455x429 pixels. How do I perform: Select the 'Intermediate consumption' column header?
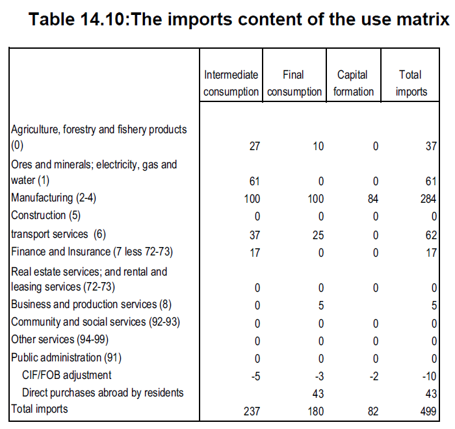pos(231,83)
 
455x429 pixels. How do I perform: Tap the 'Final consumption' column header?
pos(294,83)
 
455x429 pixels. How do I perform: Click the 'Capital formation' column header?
pos(354,83)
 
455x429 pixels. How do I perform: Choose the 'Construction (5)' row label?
pos(47,215)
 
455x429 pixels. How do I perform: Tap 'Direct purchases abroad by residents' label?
pos(103,392)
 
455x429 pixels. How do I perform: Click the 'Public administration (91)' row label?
pos(66,357)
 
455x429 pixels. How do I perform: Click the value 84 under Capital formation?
pos(372,198)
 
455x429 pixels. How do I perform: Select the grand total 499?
pos(429,410)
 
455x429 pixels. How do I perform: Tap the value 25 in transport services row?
pos(317,234)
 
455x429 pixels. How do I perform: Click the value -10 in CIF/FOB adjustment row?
pos(429,375)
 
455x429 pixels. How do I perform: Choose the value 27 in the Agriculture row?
pos(253,146)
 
